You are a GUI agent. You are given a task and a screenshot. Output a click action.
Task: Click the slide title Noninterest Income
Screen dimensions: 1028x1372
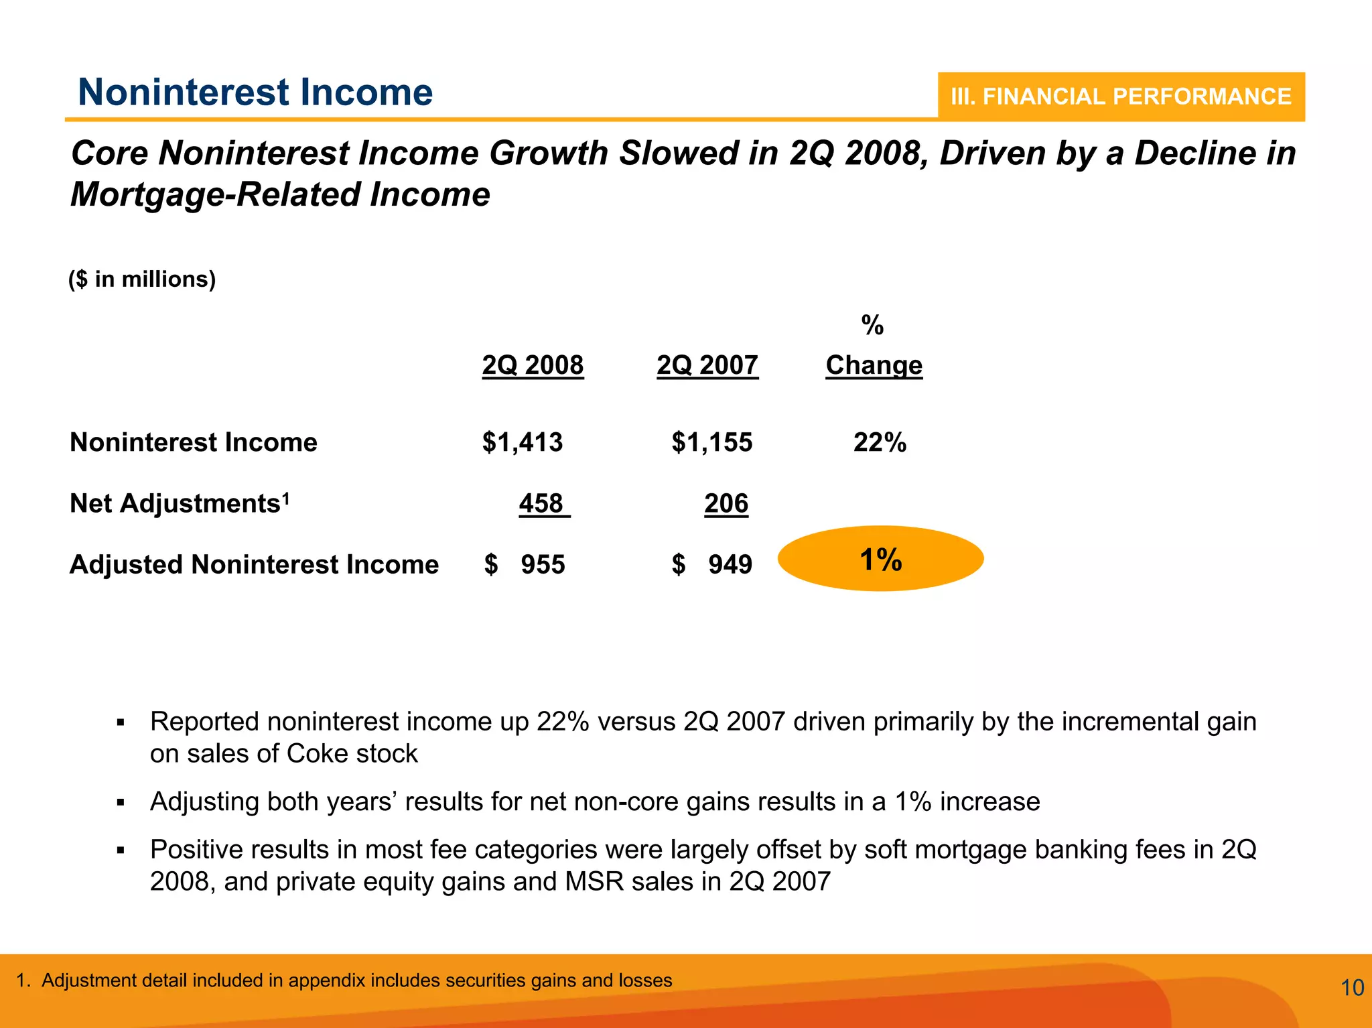[255, 92]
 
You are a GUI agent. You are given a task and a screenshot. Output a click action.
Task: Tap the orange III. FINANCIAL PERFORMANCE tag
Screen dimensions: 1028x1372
[1120, 97]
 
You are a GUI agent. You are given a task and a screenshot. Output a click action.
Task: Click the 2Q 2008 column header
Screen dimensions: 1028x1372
[533, 365]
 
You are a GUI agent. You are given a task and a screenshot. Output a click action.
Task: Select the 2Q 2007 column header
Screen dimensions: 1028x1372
[707, 365]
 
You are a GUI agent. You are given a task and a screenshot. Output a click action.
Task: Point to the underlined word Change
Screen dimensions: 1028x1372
[874, 365]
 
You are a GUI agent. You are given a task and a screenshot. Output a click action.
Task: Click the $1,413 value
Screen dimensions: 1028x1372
[523, 442]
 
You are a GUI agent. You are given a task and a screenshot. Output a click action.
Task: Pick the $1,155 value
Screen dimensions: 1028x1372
[711, 442]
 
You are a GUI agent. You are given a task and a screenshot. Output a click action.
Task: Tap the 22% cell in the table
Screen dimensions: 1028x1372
[880, 442]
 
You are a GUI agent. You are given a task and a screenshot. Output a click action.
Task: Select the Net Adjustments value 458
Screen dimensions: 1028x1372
[541, 503]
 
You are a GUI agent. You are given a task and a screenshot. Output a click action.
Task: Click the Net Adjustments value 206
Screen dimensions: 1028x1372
[726, 503]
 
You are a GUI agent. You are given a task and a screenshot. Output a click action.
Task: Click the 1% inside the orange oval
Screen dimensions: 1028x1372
[880, 560]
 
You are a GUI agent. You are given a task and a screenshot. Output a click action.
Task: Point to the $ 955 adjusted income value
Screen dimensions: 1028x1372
[525, 564]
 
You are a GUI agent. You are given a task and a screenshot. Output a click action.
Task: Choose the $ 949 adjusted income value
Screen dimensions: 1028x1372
[712, 564]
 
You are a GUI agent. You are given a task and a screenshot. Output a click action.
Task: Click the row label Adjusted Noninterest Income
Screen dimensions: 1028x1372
[254, 564]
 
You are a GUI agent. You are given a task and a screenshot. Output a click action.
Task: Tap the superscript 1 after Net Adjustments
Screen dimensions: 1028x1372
[286, 497]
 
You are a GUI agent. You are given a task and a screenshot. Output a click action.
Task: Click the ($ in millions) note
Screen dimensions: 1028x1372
[142, 279]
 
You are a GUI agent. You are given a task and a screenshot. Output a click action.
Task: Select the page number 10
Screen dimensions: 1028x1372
[1352, 988]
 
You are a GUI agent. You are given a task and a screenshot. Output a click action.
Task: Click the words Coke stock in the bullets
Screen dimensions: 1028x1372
[352, 754]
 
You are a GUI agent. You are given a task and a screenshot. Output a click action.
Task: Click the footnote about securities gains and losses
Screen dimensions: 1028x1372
[344, 980]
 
